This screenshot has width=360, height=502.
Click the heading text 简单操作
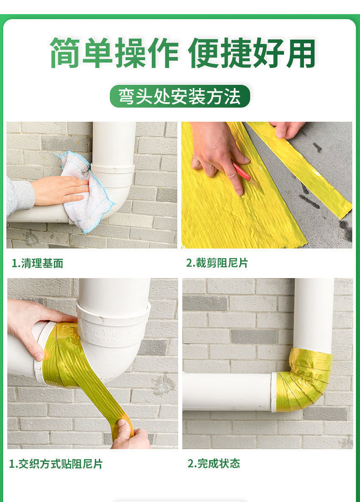click(x=113, y=53)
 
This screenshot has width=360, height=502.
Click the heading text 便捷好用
click(x=252, y=53)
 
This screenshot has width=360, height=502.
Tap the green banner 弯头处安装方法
click(x=180, y=96)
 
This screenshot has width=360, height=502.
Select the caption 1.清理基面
click(x=37, y=264)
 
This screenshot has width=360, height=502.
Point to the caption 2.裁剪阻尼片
click(x=217, y=263)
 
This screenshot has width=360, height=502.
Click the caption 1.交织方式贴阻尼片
click(x=56, y=464)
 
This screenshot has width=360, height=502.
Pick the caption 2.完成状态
click(x=214, y=463)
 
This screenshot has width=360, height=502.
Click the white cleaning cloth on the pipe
click(x=87, y=191)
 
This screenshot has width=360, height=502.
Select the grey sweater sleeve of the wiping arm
click(x=20, y=195)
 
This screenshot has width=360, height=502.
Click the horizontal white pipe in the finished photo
click(x=227, y=392)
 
